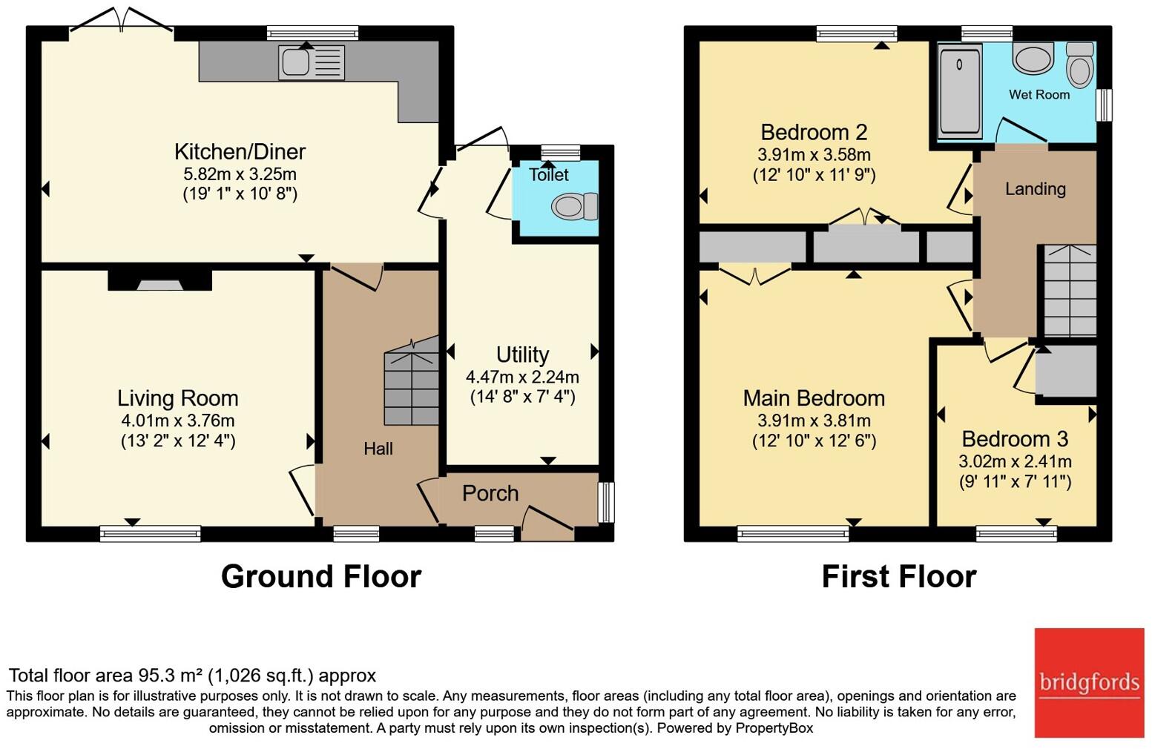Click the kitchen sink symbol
[x=312, y=62]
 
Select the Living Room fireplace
[x=159, y=280]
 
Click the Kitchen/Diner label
[x=240, y=152]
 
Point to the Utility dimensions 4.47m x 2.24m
[x=522, y=377]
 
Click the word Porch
[x=490, y=493]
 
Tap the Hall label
[x=378, y=449]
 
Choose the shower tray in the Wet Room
[x=960, y=90]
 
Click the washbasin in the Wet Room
[x=1033, y=59]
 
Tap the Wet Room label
[x=1039, y=95]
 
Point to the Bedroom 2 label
[x=814, y=133]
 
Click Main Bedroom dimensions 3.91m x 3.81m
[x=814, y=420]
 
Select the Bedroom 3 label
[x=1015, y=439]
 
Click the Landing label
[x=1035, y=189]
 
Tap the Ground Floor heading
[x=321, y=576]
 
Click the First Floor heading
[x=898, y=576]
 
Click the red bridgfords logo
[x=1089, y=682]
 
